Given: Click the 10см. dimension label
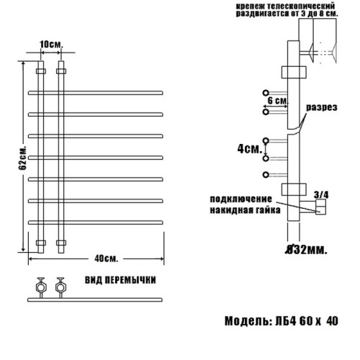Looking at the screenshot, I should [50, 45].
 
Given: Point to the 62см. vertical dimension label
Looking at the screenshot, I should [23, 154].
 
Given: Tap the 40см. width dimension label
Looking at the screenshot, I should [106, 258].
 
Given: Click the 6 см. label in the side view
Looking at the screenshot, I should [278, 102].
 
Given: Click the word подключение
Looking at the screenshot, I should [240, 199].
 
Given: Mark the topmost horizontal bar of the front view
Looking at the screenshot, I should [94, 93].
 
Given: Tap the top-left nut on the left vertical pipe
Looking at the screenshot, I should [40, 72].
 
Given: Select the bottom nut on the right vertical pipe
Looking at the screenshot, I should [61, 243].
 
